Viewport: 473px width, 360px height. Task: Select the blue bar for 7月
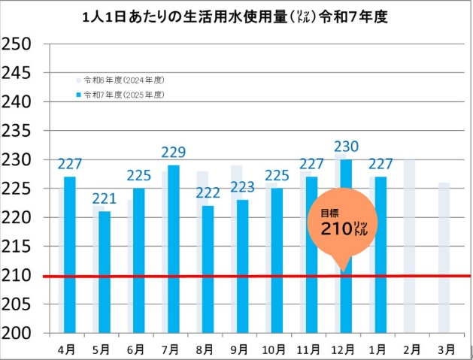(x=174, y=248)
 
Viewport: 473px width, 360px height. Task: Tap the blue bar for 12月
(x=346, y=301)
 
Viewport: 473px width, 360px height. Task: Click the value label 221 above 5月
(x=105, y=199)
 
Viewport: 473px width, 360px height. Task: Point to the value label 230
(x=346, y=147)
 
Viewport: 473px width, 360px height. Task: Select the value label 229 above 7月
(x=174, y=153)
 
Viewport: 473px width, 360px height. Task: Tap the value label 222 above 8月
(x=208, y=193)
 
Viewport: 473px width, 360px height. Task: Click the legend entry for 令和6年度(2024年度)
(x=120, y=79)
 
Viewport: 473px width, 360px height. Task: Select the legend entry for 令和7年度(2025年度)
(x=120, y=95)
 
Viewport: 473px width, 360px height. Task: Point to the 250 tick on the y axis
(x=16, y=44)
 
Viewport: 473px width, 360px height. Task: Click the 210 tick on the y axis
(x=16, y=275)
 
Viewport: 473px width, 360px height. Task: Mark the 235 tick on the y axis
(x=16, y=131)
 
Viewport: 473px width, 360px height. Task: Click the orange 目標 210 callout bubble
(x=342, y=225)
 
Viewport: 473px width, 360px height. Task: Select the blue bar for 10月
(x=277, y=260)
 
